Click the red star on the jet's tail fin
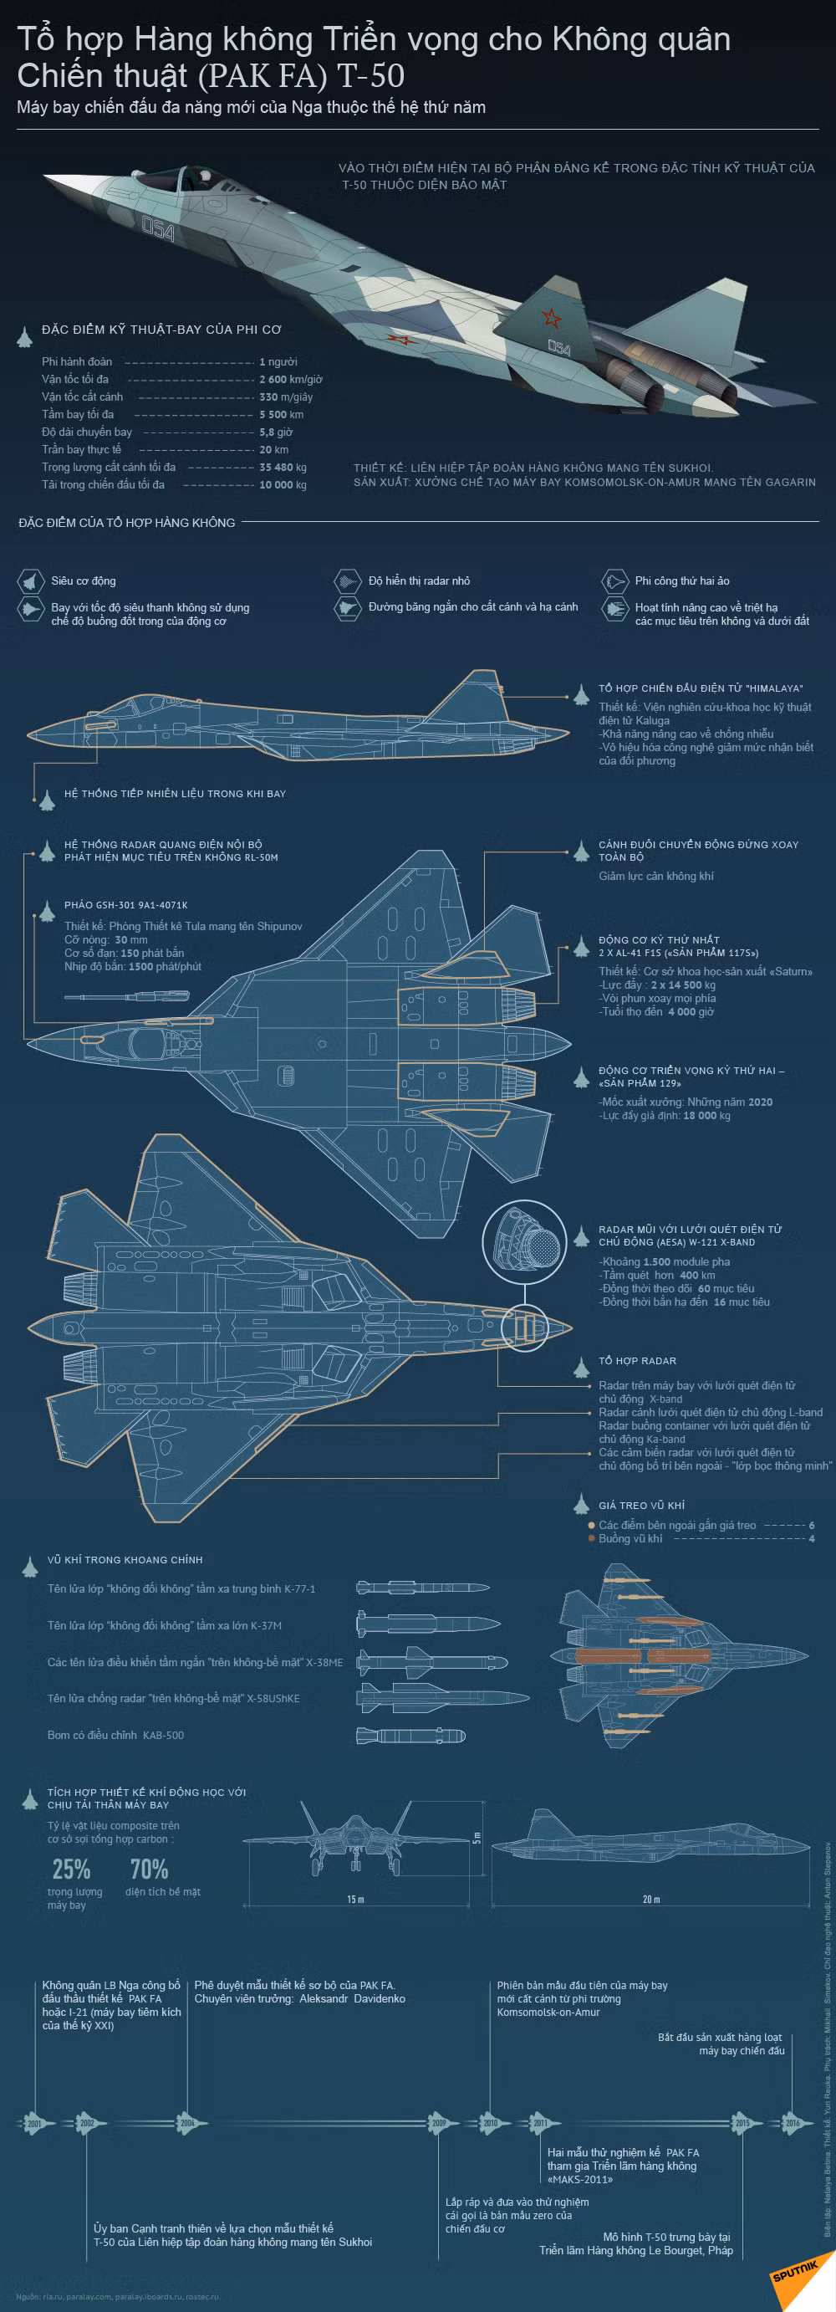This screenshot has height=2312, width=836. pyautogui.click(x=550, y=317)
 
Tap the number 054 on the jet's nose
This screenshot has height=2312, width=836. pyautogui.click(x=159, y=229)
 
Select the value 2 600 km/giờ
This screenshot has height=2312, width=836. pyautogui.click(x=291, y=380)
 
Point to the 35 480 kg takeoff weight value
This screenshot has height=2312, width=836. pyautogui.click(x=283, y=468)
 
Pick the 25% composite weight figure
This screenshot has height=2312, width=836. pyautogui.click(x=72, y=1870)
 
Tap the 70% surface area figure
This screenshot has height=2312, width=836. pyautogui.click(x=149, y=1870)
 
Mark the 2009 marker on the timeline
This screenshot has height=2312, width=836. pyautogui.click(x=439, y=2124)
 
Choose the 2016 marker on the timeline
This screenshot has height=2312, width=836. pyautogui.click(x=792, y=2124)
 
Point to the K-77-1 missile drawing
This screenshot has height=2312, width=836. pyautogui.click(x=421, y=1588)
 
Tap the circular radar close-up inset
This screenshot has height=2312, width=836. pyautogui.click(x=524, y=1242)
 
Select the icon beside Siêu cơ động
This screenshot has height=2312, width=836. pyautogui.click(x=30, y=581)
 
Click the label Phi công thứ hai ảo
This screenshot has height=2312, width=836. pyautogui.click(x=681, y=581)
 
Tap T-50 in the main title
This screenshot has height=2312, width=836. pyautogui.click(x=370, y=75)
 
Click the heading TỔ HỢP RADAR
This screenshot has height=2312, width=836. pyautogui.click(x=637, y=1361)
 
